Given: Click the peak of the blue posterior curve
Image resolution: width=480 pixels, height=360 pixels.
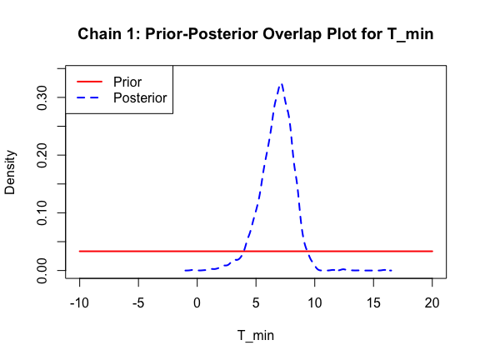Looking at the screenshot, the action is point(282,84).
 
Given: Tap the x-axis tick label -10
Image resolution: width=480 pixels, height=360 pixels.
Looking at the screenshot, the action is point(79,303).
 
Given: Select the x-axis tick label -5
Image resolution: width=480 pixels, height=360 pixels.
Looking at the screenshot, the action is point(138,303).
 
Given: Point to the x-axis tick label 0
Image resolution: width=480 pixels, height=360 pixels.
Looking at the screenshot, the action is point(197,303).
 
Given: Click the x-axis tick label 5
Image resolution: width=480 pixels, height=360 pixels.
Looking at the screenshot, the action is point(256,303).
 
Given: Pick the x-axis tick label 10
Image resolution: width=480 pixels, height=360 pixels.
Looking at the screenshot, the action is point(315,303).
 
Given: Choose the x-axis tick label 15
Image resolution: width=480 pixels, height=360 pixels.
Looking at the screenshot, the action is point(373,303).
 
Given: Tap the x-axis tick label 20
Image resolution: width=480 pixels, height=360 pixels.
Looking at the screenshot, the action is point(432,303).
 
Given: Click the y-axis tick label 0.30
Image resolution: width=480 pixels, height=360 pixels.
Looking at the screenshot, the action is point(42,97).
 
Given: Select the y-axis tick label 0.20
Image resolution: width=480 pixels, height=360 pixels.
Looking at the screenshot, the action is point(42,155).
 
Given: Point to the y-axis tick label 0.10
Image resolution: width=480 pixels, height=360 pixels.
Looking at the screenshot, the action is point(42,212).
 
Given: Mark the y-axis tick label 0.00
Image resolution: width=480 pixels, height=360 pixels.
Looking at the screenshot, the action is point(42,271).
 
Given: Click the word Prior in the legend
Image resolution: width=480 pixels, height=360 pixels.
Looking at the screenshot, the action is point(127,82).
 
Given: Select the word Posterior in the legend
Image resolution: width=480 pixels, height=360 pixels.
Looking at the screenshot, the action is point(140,98).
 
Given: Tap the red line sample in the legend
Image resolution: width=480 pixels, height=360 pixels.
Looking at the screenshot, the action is point(89,82).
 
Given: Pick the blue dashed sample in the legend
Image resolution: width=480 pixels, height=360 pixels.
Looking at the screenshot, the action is point(89,97).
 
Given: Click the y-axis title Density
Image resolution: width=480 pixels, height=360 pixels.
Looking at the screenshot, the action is point(10,172).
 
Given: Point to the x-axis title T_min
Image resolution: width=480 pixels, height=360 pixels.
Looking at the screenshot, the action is point(256,336).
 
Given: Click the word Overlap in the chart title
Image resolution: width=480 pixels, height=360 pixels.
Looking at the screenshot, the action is point(292,33).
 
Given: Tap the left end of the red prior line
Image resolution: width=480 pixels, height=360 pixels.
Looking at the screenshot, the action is point(79,252).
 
